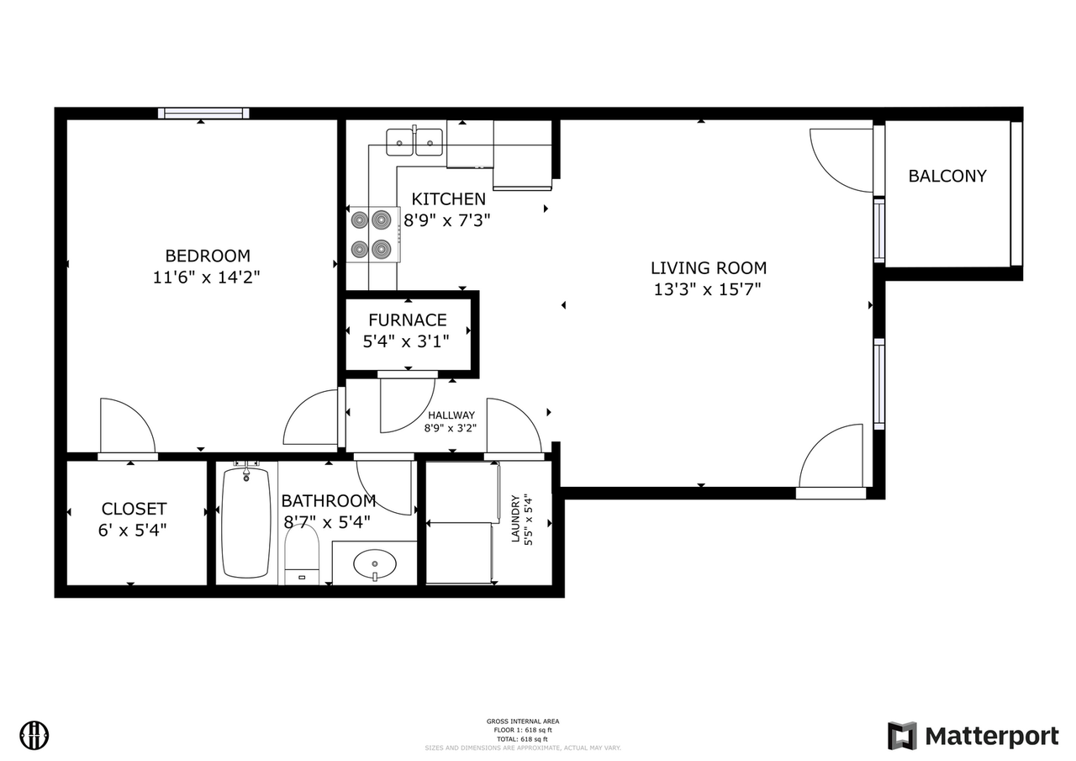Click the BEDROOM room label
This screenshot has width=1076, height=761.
(207, 256)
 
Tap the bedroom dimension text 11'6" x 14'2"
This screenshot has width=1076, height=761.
(207, 277)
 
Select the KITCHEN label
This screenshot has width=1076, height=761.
(448, 199)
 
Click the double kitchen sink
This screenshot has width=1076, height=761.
(414, 141)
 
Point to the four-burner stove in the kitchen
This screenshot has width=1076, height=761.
(372, 235)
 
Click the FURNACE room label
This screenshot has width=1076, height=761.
(408, 320)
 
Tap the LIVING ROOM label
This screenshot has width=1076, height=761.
(708, 268)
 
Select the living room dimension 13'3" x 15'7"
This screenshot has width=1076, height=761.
(708, 290)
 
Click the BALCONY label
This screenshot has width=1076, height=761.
(947, 177)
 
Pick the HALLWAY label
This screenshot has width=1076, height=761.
(451, 415)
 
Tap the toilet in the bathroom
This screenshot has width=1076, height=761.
(302, 555)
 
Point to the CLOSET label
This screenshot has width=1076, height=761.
(134, 510)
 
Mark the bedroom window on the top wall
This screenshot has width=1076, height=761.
(203, 113)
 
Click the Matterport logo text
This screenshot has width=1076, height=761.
(991, 737)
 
